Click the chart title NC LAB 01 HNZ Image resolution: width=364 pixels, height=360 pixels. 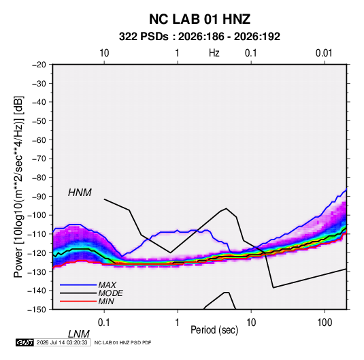point(199,19)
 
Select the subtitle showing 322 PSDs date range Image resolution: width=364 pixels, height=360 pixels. point(199,37)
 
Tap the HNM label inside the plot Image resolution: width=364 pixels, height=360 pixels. point(80,193)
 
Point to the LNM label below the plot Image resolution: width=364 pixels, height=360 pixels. point(78,334)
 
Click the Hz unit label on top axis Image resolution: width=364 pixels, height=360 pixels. point(214,53)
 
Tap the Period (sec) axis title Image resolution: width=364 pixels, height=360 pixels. point(214,330)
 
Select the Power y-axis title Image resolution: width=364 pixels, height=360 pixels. point(18,186)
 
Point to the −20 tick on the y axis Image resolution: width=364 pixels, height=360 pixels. point(39,65)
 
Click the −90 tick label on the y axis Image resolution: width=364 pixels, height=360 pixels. point(39,197)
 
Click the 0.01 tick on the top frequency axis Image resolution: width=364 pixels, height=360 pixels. point(324,53)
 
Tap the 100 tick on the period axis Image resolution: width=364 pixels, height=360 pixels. point(325,323)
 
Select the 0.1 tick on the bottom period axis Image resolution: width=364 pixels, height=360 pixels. point(104,323)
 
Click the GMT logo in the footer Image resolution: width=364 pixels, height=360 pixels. point(25,342)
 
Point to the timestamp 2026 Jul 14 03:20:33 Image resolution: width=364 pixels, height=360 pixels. point(62,342)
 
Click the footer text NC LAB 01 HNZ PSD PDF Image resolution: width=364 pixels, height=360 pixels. point(122,342)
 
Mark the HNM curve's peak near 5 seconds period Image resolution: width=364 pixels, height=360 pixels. point(226,208)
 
